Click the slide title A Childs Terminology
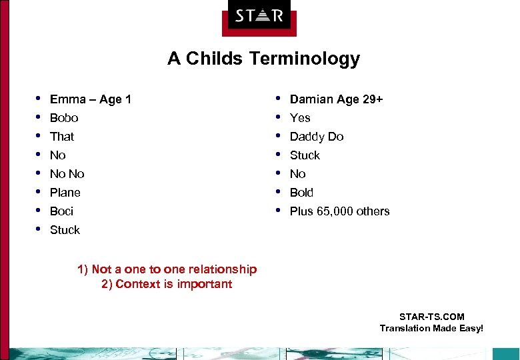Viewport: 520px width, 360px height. pos(263,59)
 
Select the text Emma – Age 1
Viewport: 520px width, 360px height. pos(90,99)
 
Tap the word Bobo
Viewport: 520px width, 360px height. pos(64,118)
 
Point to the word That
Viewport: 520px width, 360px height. pos(62,137)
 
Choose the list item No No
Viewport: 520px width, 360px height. pos(67,174)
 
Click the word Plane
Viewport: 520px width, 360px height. pos(65,193)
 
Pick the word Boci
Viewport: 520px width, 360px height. pos(61,211)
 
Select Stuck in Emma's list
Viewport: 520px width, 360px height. pos(65,230)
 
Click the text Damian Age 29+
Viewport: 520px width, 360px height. pos(336,99)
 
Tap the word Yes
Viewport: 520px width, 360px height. pos(300,118)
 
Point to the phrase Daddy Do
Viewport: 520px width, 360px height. pos(317,137)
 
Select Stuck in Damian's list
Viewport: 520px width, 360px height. pos(305,155)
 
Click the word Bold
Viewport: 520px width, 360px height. pos(301,193)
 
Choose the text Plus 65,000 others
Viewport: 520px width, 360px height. pos(339,211)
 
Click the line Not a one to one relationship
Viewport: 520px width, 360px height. pos(167,269)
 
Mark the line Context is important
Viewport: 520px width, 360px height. pos(166,284)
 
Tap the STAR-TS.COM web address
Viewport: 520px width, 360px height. pos(431,317)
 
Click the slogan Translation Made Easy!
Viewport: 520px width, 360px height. pos(431,328)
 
